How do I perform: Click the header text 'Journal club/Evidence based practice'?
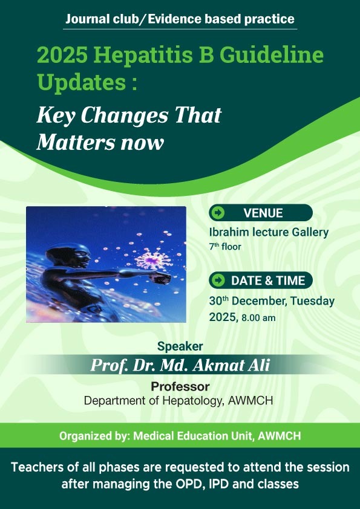pyautogui.click(x=180, y=19)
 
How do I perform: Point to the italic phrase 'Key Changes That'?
pyautogui.click(x=129, y=115)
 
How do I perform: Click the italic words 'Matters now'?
pyautogui.click(x=100, y=143)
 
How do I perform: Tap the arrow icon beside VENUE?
pyautogui.click(x=219, y=213)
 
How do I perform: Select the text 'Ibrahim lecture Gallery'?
pyautogui.click(x=269, y=232)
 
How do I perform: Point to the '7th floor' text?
pyautogui.click(x=225, y=247)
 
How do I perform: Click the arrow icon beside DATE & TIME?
pyautogui.click(x=219, y=280)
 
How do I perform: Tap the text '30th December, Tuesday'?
pyautogui.click(x=272, y=300)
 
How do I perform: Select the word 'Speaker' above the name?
pyautogui.click(x=180, y=346)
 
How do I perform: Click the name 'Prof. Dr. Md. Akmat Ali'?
pyautogui.click(x=180, y=366)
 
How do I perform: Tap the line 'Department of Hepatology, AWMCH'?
pyautogui.click(x=180, y=401)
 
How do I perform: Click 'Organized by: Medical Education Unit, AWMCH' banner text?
pyautogui.click(x=180, y=435)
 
